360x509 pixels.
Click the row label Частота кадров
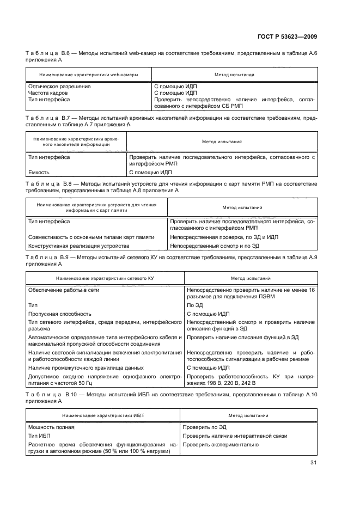click(x=49, y=93)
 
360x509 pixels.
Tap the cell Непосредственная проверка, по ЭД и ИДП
click(x=223, y=237)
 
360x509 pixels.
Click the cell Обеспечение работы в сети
click(x=64, y=290)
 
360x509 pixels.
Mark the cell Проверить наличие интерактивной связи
click(x=235, y=436)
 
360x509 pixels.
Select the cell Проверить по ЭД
click(x=204, y=427)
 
